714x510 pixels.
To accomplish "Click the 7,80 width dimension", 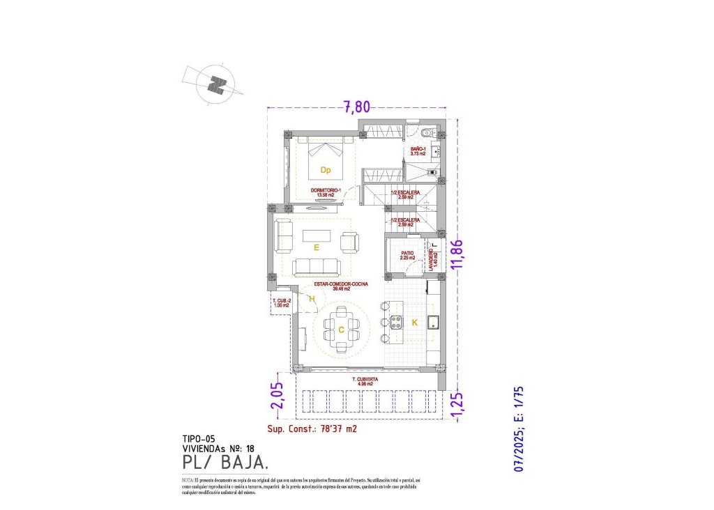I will tap(356, 107).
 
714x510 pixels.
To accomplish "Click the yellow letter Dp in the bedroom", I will tap(325, 169).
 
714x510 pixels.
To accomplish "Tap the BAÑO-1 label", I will tap(418, 151).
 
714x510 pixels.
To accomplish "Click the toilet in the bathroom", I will tap(428, 132).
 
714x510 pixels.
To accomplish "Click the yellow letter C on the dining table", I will tap(341, 330).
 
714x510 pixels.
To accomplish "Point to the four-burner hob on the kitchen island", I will tap(396, 322).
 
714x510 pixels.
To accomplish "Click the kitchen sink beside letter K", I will tap(433, 321).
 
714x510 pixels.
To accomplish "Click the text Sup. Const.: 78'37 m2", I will tap(312, 429).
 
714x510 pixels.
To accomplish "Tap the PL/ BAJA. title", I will tap(225, 463).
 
